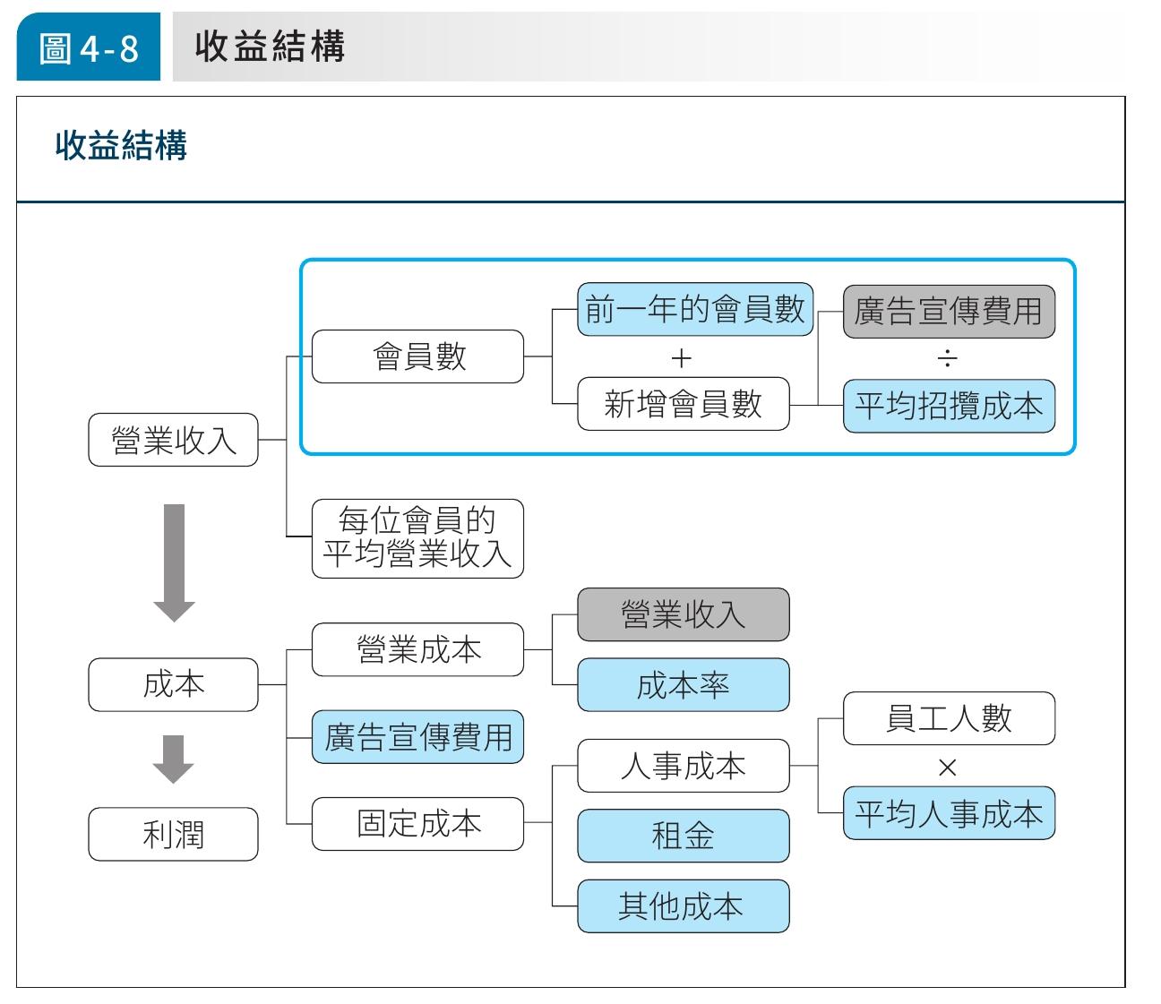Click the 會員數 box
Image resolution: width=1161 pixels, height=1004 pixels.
[x=417, y=356]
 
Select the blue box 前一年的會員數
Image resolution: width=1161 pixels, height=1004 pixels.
[x=695, y=309]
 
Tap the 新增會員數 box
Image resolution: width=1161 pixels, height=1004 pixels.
[x=683, y=404]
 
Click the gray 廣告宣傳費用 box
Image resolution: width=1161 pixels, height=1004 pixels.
[x=949, y=312]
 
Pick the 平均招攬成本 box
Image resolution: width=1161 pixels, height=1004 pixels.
[x=949, y=406]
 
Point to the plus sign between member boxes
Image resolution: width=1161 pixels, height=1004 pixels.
[x=682, y=358]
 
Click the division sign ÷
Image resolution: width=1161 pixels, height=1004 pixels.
[x=947, y=358]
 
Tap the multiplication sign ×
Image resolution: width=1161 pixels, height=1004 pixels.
[x=947, y=767]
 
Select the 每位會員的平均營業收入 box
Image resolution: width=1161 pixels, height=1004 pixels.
[x=417, y=538]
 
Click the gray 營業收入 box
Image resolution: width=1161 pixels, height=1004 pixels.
[x=683, y=614]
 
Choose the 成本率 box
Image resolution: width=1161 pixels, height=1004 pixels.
[x=683, y=684]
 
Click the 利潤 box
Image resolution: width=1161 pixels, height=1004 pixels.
[x=173, y=834]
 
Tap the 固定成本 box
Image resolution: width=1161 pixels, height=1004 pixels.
[x=417, y=824]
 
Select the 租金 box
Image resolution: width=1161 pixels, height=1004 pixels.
[x=683, y=836]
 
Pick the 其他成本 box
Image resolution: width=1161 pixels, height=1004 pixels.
[x=683, y=905]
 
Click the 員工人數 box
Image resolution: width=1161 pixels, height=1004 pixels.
[x=949, y=718]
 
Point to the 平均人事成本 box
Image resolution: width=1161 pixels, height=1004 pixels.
[x=949, y=812]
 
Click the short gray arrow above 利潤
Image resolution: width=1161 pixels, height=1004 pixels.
[x=173, y=759]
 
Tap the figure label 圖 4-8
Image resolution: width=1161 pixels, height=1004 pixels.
[x=89, y=47]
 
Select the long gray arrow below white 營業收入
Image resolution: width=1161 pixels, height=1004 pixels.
[x=174, y=562]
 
